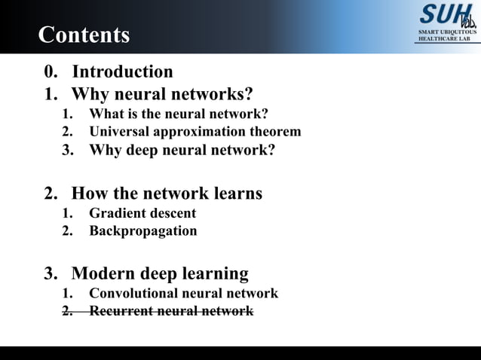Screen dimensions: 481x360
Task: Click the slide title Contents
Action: click(x=84, y=35)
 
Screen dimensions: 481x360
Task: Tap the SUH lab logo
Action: click(x=447, y=15)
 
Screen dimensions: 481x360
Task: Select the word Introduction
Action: click(x=122, y=72)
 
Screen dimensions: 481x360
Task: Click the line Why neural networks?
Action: click(x=162, y=94)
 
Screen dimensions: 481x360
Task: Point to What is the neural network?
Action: click(x=179, y=114)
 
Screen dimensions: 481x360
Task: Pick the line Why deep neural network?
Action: click(x=182, y=150)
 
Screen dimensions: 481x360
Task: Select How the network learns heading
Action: click(x=167, y=194)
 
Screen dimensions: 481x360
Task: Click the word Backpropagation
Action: click(x=143, y=231)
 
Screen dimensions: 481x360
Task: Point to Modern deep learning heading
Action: click(x=160, y=273)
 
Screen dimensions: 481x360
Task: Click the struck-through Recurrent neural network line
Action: click(x=171, y=311)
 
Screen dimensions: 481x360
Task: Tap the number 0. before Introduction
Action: click(x=51, y=72)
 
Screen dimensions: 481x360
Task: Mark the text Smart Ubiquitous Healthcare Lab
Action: click(x=447, y=35)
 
